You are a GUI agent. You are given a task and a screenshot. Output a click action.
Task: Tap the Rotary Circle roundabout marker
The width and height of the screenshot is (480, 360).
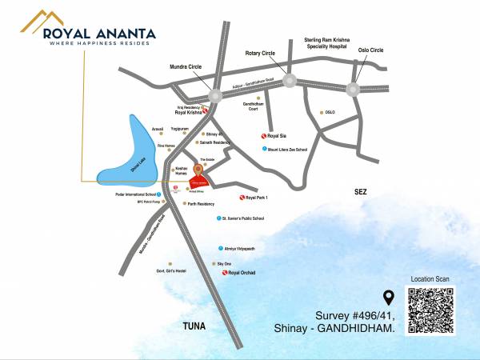coord(288,79)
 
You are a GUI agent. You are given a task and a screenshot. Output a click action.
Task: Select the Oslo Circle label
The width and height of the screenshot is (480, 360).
coord(370,50)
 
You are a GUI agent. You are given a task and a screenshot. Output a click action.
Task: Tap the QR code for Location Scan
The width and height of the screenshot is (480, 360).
coord(431,310)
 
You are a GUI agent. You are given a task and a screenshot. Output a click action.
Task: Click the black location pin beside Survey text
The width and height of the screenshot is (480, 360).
coord(389,298)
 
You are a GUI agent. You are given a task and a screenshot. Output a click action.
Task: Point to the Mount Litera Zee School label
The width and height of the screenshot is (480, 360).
coord(290,149)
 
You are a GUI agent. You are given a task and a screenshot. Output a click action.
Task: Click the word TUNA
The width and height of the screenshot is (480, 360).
coord(194,326)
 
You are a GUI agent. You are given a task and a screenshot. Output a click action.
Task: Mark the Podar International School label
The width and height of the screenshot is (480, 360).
coord(134,193)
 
